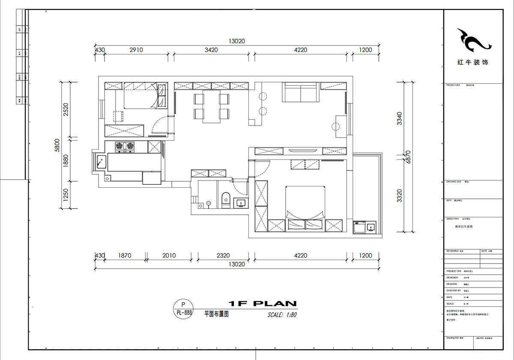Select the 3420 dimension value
[211, 50]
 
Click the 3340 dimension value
[399, 118]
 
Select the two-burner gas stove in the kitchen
[124, 147]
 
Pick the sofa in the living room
[299, 93]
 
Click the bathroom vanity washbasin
[240, 203]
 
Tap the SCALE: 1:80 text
[282, 315]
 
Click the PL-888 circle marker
[184, 309]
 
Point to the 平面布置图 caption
[216, 314]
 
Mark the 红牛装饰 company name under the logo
[472, 62]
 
